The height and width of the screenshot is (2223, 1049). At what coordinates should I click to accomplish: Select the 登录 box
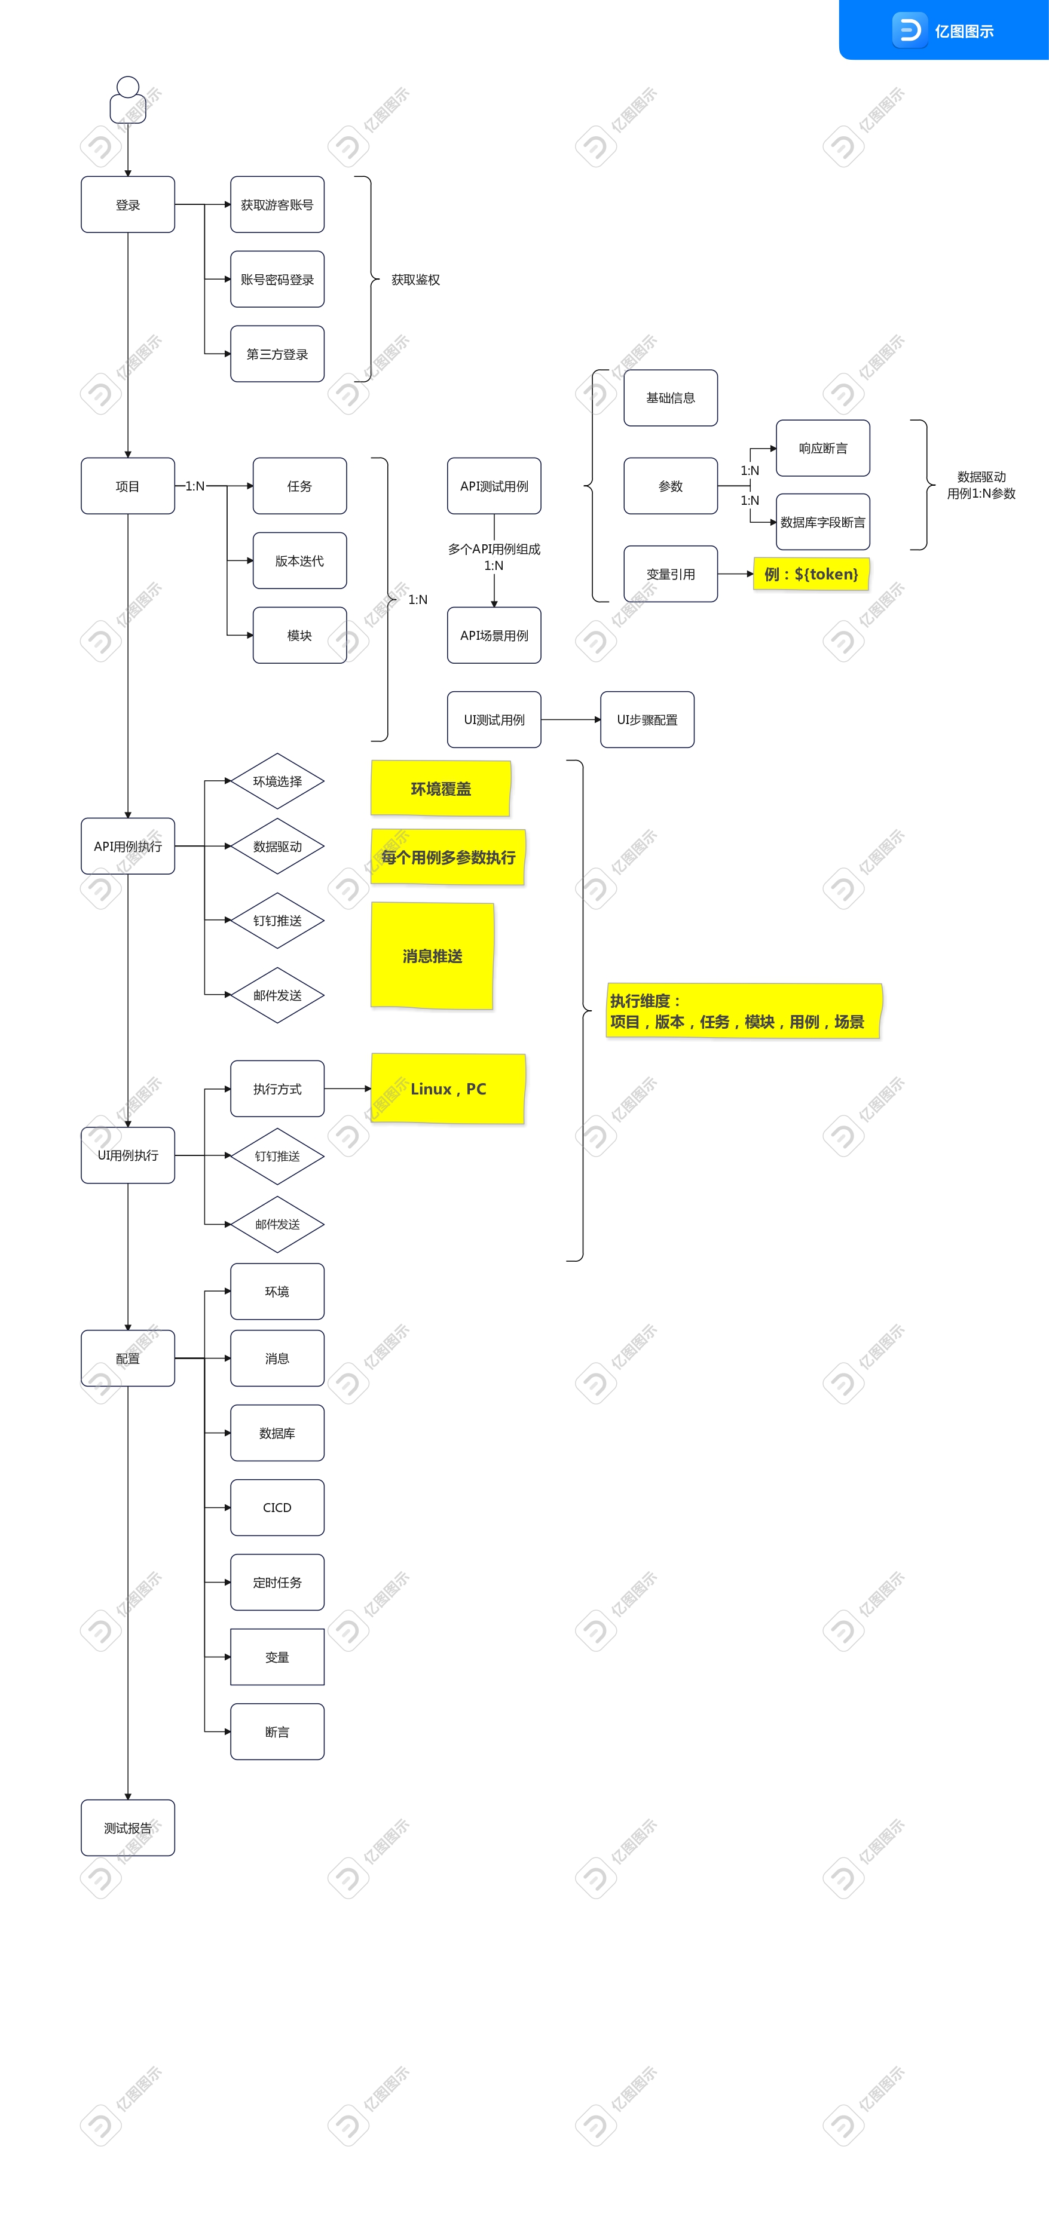(128, 204)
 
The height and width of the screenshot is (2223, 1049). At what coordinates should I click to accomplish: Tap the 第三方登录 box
(277, 354)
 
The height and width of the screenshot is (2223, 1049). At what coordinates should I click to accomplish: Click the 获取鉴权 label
(415, 280)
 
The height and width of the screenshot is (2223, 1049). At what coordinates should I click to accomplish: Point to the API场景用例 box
(494, 635)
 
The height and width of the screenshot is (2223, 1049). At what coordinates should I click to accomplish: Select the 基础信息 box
(670, 398)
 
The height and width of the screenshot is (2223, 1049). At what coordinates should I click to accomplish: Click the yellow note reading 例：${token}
(811, 574)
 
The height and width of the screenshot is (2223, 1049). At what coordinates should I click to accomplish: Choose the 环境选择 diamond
(277, 781)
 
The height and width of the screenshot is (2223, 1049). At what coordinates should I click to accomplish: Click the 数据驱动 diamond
(277, 847)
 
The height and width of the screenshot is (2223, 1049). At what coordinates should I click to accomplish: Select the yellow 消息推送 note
(432, 955)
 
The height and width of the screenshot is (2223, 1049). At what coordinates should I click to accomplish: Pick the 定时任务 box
(277, 1583)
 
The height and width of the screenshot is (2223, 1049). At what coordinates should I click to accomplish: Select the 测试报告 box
(128, 1828)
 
